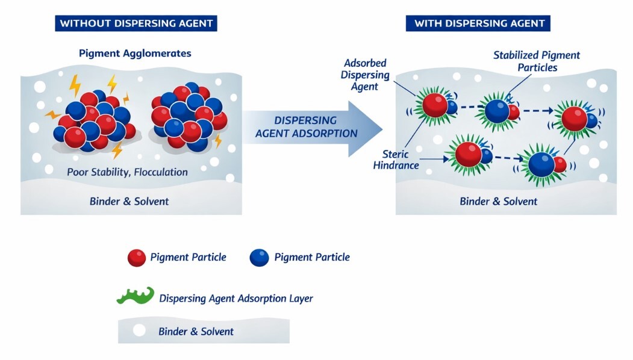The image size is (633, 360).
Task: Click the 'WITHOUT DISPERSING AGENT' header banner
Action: (x=136, y=23)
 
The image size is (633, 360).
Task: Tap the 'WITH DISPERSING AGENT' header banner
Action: (x=479, y=23)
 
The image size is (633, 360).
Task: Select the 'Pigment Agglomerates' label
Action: (x=135, y=53)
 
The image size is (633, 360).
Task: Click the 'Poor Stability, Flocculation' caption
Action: (x=127, y=172)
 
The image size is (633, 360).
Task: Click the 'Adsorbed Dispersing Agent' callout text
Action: (x=366, y=75)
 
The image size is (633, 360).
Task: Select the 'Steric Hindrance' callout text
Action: (x=396, y=159)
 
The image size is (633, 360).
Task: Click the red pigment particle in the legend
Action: (x=137, y=258)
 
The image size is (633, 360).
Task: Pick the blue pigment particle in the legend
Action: (x=259, y=258)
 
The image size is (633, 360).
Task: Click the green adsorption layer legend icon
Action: (x=135, y=296)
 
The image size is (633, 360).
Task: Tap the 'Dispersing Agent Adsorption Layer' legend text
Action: (x=236, y=298)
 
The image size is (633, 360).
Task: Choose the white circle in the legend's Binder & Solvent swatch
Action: (x=139, y=331)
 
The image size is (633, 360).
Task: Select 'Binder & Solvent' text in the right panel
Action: (x=498, y=201)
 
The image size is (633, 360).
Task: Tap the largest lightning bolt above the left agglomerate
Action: (x=75, y=85)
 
